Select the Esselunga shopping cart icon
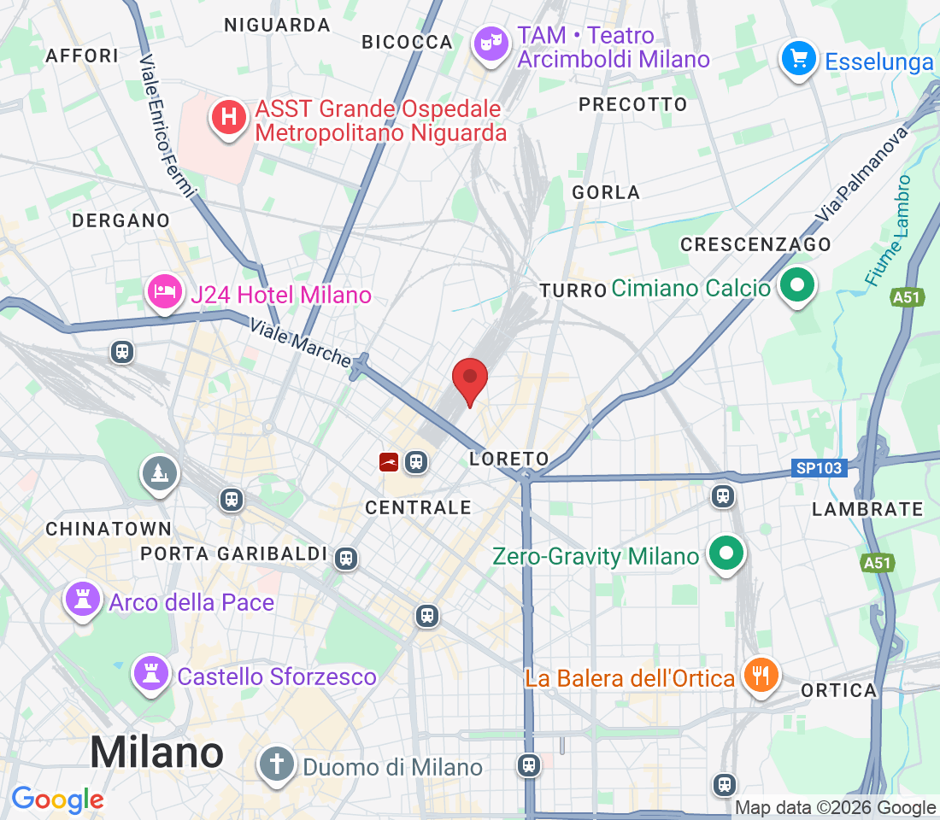point(799,60)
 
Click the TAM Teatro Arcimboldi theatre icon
point(491,45)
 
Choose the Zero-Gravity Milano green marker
point(726,555)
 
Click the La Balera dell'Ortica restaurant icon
point(760,676)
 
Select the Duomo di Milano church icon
point(277,764)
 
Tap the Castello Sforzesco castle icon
point(152,675)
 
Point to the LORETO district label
point(508,459)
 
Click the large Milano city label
point(156,753)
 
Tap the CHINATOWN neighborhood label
point(109,530)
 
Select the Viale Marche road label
point(300,343)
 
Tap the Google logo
point(57,799)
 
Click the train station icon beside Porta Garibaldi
point(345,558)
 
